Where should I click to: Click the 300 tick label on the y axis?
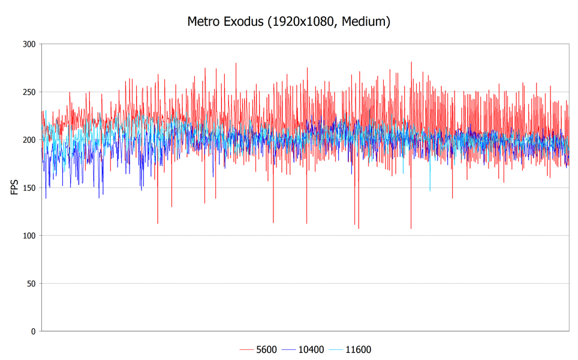point(29,44)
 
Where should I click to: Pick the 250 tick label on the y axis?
point(29,92)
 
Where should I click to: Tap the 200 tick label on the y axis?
point(29,140)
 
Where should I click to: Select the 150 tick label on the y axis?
point(29,188)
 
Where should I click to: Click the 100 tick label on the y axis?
point(29,236)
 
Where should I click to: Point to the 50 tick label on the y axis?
point(31,283)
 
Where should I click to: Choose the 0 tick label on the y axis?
point(34,331)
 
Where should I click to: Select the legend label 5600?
point(266,350)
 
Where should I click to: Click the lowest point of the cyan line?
point(430,190)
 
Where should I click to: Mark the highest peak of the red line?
point(411,62)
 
